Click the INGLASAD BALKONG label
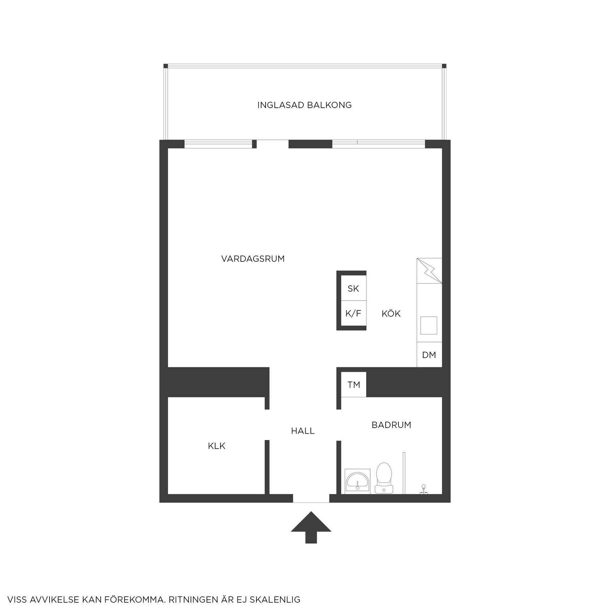(304, 105)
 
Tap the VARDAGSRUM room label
(253, 259)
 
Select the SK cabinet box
(353, 288)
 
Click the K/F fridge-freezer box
(353, 314)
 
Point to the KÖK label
(391, 314)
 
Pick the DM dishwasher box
(429, 355)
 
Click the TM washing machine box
(354, 385)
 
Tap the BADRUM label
(391, 425)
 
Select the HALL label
(303, 431)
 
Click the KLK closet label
(217, 446)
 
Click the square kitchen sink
(429, 325)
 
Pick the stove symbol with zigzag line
(429, 271)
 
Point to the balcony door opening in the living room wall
(272, 144)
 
